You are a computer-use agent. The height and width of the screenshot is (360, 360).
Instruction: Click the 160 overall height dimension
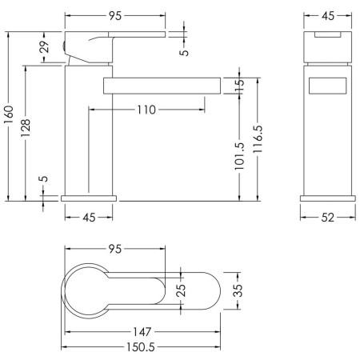9,114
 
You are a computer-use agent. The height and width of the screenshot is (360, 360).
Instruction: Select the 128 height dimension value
26,128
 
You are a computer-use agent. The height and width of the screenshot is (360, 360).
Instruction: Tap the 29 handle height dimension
45,46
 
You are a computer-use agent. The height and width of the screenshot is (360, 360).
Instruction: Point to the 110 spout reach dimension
146,110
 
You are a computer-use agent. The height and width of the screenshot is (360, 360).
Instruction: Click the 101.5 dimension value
239,156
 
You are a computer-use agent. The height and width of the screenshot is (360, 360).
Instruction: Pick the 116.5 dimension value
258,139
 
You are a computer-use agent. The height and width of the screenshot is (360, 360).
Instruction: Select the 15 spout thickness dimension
240,86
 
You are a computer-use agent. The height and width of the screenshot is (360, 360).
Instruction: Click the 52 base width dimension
327,218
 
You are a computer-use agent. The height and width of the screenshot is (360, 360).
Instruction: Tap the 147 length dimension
142,332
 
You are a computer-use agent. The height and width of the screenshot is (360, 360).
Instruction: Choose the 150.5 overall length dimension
140,347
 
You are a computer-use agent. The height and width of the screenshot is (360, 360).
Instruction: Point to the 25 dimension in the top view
181,290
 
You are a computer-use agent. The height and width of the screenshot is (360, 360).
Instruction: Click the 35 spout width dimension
238,290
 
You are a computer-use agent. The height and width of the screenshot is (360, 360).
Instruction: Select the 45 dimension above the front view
328,16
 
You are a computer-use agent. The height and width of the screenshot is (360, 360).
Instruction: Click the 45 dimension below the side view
89,218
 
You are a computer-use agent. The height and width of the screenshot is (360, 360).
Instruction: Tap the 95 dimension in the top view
115,249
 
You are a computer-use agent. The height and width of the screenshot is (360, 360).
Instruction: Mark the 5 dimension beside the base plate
45,178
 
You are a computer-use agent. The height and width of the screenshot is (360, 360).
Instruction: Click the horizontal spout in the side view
162,86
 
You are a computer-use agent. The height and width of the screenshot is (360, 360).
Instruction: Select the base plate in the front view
328,198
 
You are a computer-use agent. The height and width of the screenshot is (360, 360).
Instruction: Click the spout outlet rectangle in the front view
328,86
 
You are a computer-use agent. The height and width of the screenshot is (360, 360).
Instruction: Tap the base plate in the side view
89,198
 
